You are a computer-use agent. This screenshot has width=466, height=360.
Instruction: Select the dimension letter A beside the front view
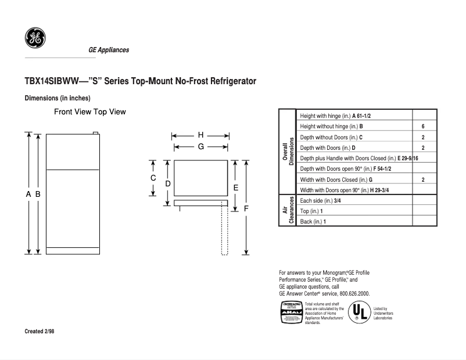28,195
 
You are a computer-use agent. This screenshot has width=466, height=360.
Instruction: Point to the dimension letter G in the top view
200,147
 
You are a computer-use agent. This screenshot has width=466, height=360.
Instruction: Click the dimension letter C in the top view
153,178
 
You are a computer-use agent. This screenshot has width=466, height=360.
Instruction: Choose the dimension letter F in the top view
246,208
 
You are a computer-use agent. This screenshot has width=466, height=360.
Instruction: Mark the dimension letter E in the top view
235,188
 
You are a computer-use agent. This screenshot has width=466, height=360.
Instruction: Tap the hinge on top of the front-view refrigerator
95,133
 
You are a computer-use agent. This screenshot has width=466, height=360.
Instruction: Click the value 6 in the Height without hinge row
423,127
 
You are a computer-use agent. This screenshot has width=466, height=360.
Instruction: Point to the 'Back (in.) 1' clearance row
313,221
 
